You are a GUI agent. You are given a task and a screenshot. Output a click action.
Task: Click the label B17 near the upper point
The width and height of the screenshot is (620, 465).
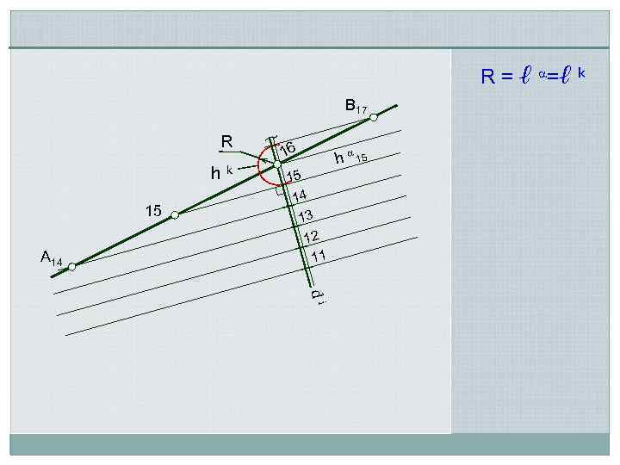pos(356,106)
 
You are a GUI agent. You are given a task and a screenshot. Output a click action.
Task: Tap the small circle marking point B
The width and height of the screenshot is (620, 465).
pos(374,117)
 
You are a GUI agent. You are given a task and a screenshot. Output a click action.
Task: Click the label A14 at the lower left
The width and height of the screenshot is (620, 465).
pos(51,257)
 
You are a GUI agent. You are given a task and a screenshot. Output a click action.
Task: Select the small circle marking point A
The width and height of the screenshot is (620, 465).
pos(72,267)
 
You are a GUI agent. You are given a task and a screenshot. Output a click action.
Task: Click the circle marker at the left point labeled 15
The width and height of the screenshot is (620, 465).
pos(175,214)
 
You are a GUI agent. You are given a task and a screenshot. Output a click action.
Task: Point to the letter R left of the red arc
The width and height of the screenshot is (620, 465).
pos(226,141)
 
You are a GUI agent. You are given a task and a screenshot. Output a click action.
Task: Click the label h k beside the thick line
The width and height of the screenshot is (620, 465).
pos(221,173)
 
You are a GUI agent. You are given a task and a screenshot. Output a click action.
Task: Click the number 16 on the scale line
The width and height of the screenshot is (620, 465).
pos(288,149)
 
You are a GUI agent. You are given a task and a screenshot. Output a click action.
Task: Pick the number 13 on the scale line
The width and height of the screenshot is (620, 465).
pos(304,215)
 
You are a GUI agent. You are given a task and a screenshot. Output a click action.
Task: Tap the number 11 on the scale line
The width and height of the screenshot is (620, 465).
pos(319,256)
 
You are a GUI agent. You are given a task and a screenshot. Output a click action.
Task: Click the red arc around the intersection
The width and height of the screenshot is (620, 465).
pos(262,169)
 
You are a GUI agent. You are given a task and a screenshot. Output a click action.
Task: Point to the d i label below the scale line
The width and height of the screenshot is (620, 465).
pos(317,295)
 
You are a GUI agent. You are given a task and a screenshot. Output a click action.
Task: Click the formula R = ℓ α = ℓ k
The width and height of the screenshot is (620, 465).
pos(533,77)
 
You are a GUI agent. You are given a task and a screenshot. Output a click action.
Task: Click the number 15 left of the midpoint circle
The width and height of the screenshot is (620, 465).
pos(153,210)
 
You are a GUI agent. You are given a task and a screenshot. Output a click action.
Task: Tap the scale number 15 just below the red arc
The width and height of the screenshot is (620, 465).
pos(294,177)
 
